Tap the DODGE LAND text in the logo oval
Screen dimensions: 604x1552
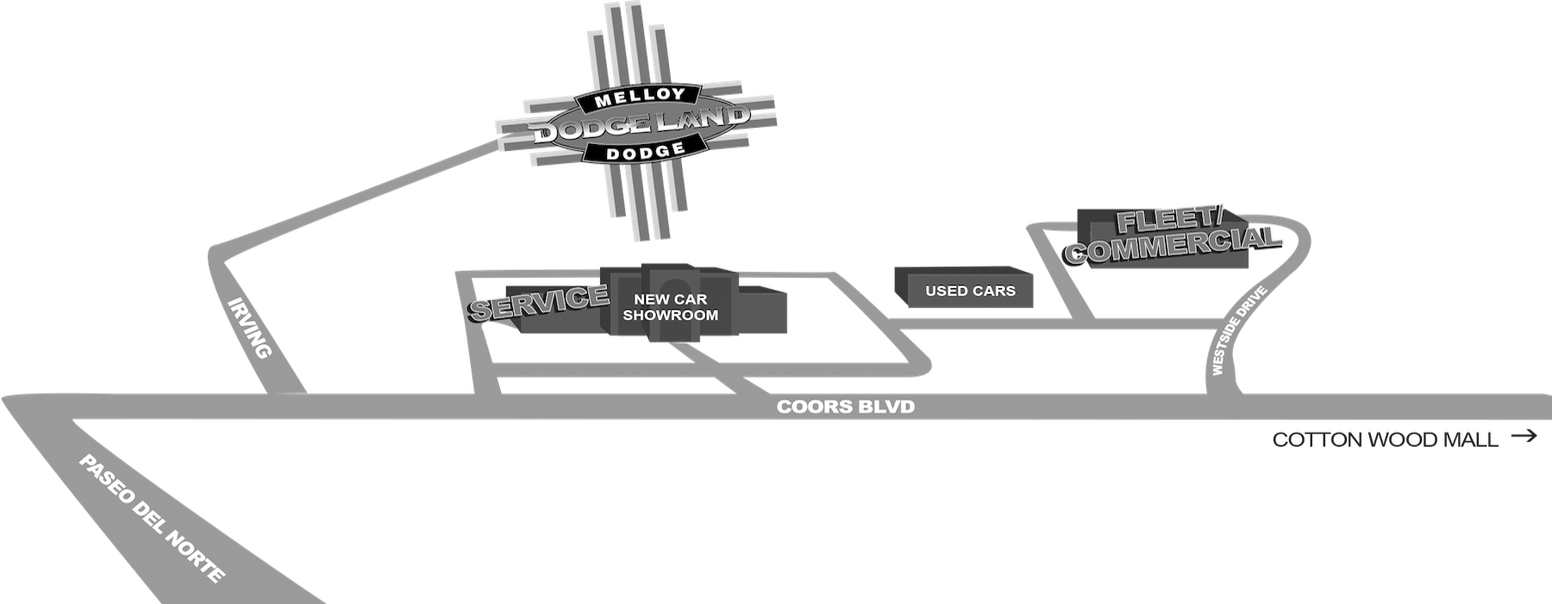(x=639, y=127)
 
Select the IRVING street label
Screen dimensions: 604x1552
(x=251, y=329)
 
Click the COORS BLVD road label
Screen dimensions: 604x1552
(x=845, y=406)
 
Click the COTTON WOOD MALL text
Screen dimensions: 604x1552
(x=1385, y=440)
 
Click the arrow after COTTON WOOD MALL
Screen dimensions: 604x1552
(x=1524, y=437)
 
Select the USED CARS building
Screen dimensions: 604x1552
(x=970, y=291)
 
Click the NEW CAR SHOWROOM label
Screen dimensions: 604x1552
(x=671, y=307)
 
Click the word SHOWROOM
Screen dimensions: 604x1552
(x=671, y=315)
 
